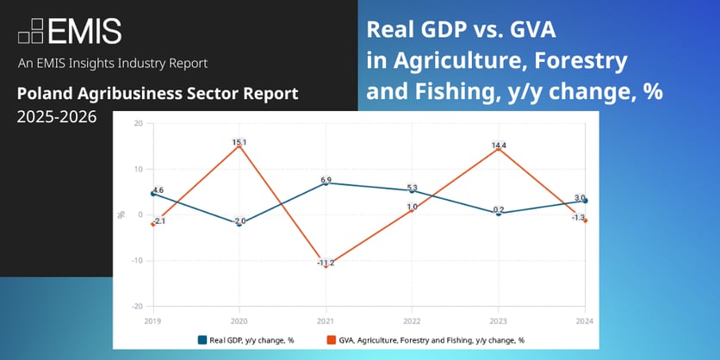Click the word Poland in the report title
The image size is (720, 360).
(40, 94)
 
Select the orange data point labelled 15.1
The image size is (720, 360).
(239, 146)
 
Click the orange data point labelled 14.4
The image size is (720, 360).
(499, 148)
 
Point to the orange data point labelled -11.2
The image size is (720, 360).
(326, 266)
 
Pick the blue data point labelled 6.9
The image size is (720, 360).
(326, 183)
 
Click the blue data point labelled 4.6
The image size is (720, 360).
(153, 194)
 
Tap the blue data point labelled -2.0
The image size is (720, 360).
(239, 223)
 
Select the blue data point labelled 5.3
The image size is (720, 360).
(413, 190)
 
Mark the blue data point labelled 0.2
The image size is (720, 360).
(499, 213)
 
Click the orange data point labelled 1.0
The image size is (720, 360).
(413, 209)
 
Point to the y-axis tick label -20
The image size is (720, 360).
(137, 306)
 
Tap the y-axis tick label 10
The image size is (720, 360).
(139, 169)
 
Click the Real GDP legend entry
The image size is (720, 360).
(245, 339)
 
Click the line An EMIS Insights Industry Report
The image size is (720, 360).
(112, 64)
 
